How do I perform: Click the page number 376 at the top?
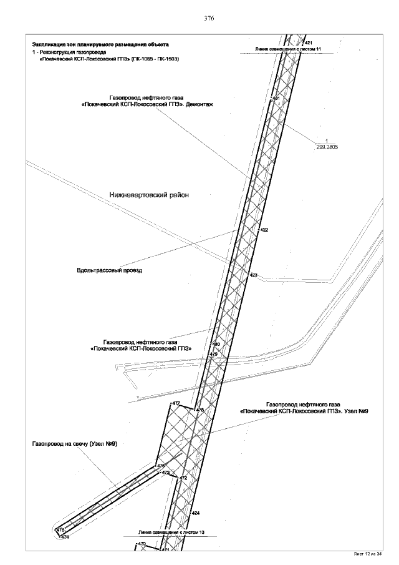click(x=209, y=19)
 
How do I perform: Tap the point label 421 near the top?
click(x=308, y=42)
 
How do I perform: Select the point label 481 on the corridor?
click(x=276, y=99)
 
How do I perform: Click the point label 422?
click(x=264, y=230)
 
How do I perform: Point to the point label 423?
click(x=253, y=275)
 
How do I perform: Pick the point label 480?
click(x=216, y=345)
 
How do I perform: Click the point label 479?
click(x=213, y=354)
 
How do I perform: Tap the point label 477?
click(x=176, y=403)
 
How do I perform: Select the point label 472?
click(x=183, y=478)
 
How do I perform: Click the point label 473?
click(x=165, y=473)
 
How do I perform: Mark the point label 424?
click(x=195, y=513)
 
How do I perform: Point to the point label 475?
click(x=60, y=530)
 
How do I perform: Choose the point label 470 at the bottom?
click(x=142, y=544)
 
